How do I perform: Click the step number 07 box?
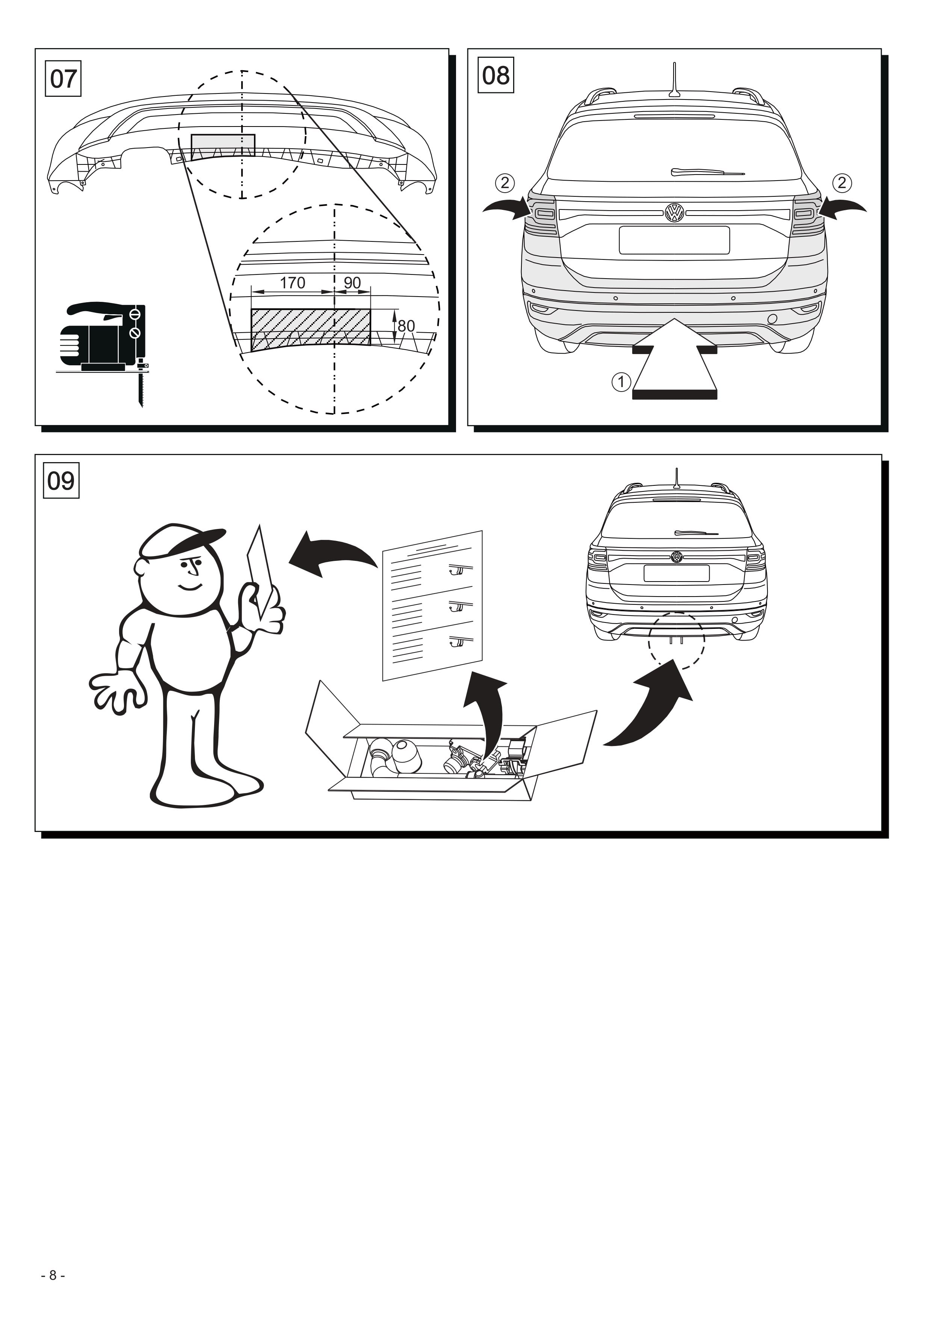[63, 78]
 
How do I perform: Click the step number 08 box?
[496, 75]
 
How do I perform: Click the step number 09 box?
[61, 480]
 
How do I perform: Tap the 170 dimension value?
[292, 283]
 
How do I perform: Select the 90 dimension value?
[352, 283]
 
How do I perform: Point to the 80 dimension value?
[406, 326]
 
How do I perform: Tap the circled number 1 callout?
[621, 381]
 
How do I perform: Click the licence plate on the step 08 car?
[674, 240]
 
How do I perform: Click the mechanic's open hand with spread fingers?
[115, 693]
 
